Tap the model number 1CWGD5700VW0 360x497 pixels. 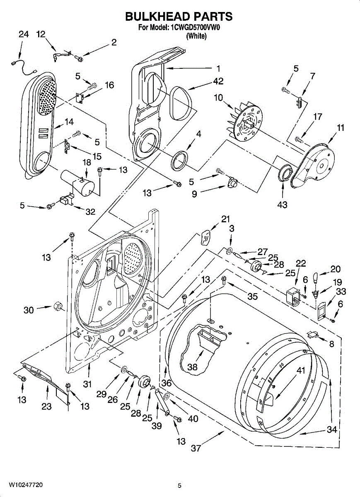pyautogui.click(x=195, y=27)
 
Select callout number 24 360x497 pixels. pyautogui.click(x=24, y=34)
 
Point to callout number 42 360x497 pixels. pyautogui.click(x=218, y=81)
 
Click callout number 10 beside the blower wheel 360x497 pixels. pyautogui.click(x=218, y=97)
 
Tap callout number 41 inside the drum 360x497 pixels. pyautogui.click(x=301, y=370)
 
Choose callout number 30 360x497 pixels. pyautogui.click(x=29, y=310)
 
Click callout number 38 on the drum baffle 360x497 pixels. pyautogui.click(x=192, y=367)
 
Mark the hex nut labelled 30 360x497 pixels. pyautogui.click(x=58, y=307)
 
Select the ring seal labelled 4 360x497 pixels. pyautogui.click(x=179, y=160)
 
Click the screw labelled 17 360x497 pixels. pyautogui.click(x=299, y=140)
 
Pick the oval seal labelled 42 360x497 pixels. pyautogui.click(x=181, y=104)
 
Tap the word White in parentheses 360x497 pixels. pyautogui.click(x=197, y=36)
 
